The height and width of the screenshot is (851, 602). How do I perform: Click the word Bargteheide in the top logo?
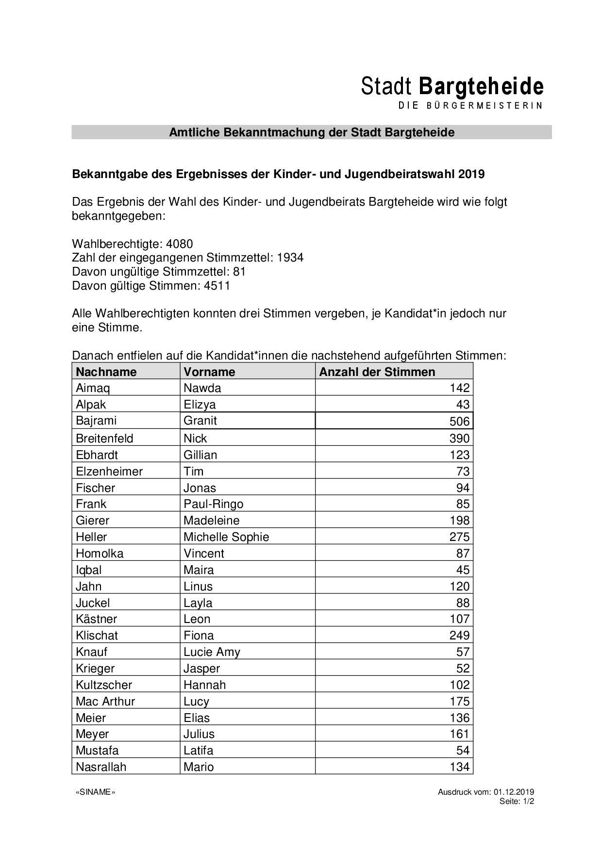pos(481,86)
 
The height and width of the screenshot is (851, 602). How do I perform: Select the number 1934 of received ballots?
pos(290,258)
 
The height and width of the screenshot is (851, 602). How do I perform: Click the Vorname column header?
pos(209,372)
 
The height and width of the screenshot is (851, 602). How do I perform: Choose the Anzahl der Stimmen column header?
pos(377,372)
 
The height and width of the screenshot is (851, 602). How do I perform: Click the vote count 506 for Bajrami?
pos(459,421)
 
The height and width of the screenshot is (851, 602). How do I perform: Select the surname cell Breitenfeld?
pos(104,439)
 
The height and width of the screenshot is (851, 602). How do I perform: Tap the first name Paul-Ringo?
pos(213,504)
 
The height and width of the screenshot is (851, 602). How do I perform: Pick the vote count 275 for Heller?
pos(459,537)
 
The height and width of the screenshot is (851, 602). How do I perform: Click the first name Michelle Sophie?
pos(226,537)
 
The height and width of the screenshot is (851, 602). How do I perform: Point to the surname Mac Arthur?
pos(105,702)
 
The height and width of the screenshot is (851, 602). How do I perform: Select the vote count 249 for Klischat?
pos(459,636)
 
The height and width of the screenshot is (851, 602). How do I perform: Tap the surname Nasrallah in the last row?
pos(101,767)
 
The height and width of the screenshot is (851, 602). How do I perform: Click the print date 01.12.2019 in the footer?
pos(514,792)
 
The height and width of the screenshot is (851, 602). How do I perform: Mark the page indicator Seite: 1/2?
pos(517,802)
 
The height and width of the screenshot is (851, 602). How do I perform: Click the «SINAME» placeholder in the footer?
pos(96,792)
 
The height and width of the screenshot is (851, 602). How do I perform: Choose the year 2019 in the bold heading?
pos(471,174)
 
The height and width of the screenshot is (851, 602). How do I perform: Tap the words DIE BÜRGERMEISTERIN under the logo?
pos(470,106)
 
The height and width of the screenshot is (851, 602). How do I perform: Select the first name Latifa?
pos(198,751)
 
